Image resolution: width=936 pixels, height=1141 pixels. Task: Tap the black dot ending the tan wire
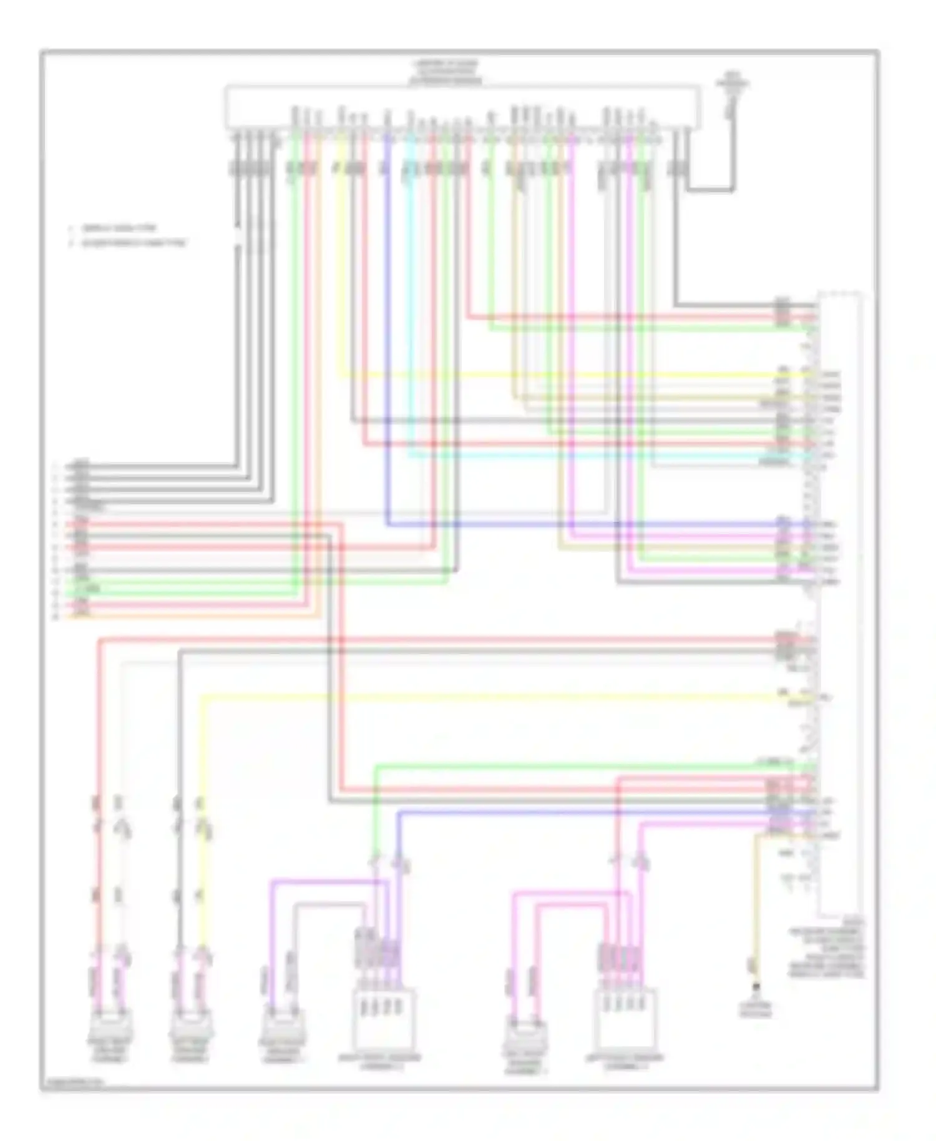(x=756, y=987)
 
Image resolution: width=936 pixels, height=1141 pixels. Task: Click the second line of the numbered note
(x=128, y=243)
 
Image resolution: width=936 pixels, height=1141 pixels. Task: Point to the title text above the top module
(x=444, y=72)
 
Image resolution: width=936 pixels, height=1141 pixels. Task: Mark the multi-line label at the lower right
(x=826, y=948)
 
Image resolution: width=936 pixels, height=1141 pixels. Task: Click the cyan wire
(x=410, y=312)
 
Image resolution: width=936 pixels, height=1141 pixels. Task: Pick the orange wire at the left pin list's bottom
(x=187, y=617)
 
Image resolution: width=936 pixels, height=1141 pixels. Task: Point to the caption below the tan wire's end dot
(x=756, y=1010)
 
